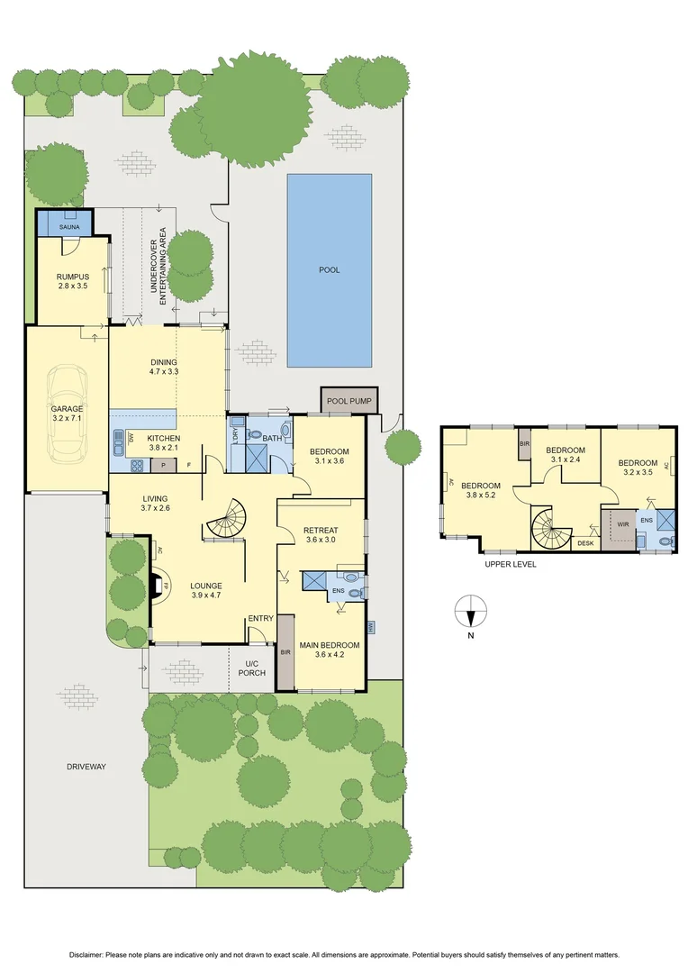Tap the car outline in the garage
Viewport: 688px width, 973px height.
coord(66,412)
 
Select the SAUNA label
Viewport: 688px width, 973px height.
coord(69,227)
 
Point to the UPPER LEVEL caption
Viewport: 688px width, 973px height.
coord(511,564)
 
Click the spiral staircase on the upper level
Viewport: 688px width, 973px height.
coord(548,526)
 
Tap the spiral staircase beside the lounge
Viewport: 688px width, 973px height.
coord(224,517)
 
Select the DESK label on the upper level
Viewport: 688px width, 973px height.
coord(584,543)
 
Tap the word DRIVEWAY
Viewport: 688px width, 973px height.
coord(86,767)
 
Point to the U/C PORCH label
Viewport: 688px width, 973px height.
coord(251,668)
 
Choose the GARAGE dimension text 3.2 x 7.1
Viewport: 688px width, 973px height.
coord(66,418)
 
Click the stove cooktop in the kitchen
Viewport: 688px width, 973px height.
coord(137,466)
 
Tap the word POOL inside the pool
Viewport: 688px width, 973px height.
coord(330,269)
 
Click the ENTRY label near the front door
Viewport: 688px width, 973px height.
coord(260,618)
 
